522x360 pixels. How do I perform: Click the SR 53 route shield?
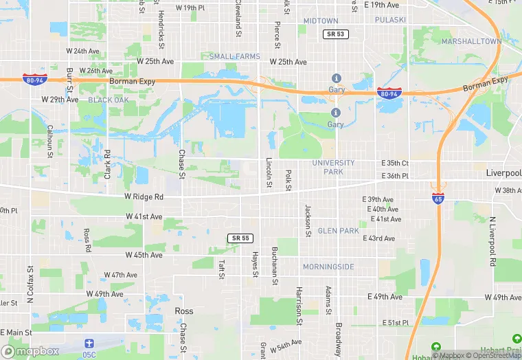[x=334, y=34]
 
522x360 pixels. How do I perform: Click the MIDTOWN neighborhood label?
[x=321, y=21]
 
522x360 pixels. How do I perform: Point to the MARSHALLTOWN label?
[x=472, y=41]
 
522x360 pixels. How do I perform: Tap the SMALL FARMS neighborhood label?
[x=235, y=56]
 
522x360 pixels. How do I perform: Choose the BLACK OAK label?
[x=109, y=100]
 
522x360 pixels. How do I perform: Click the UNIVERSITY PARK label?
[x=333, y=167]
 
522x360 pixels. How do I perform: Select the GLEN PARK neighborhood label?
[x=338, y=231]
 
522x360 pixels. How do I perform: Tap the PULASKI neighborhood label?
[x=391, y=20]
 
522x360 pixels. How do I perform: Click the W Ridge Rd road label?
[x=144, y=196]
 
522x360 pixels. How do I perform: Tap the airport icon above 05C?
[x=87, y=343]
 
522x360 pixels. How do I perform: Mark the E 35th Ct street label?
[x=395, y=164]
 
